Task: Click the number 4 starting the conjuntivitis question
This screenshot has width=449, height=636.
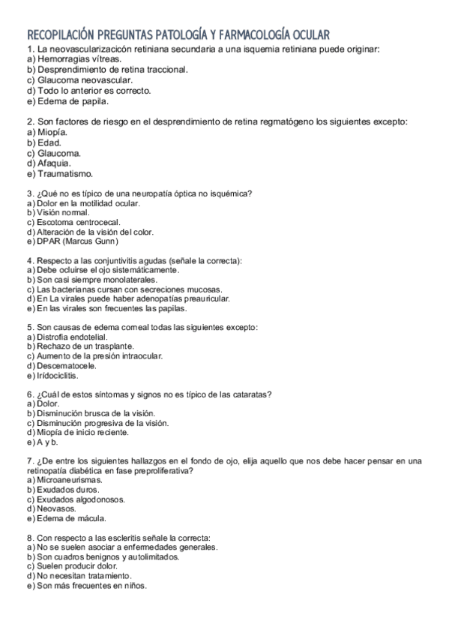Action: click(29, 260)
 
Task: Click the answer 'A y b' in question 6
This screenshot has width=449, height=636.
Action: click(46, 442)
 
